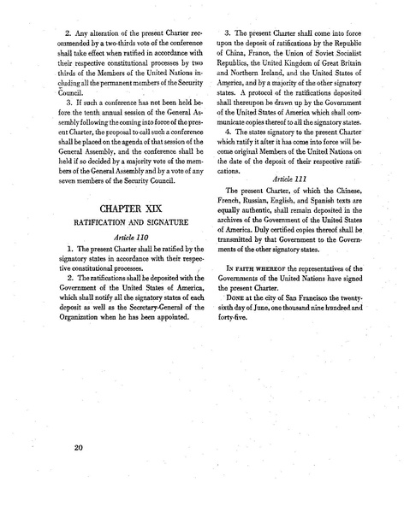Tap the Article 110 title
pos(113,266)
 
